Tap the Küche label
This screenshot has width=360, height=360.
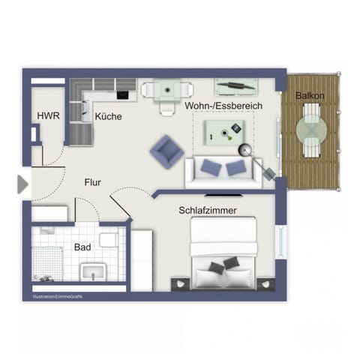[x=109, y=116]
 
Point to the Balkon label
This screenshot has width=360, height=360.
[x=310, y=96]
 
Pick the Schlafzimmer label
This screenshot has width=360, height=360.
[x=208, y=211]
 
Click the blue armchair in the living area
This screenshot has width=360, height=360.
[x=166, y=151]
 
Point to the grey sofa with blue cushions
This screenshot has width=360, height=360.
[x=223, y=169]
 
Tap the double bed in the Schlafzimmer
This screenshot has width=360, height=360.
[x=225, y=257]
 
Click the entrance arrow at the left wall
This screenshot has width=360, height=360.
[x=22, y=183]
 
